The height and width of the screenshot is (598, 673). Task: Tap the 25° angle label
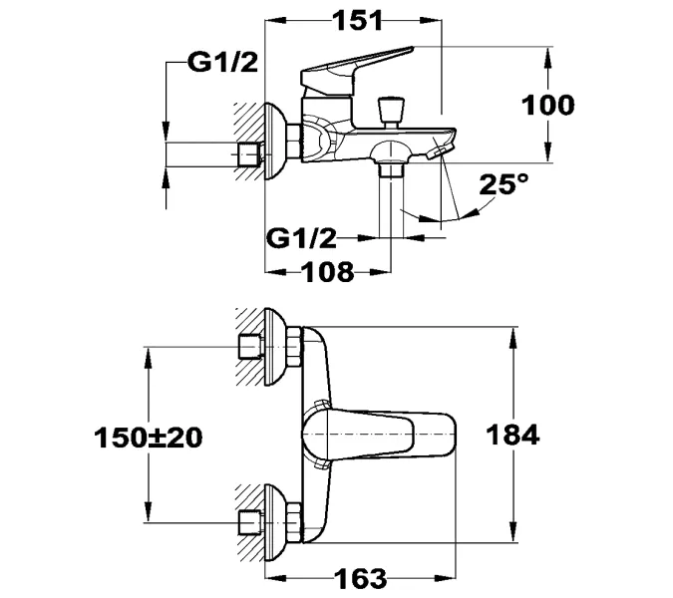[503, 184]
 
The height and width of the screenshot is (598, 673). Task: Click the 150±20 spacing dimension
[147, 436]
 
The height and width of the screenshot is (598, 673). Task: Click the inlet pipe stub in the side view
[248, 154]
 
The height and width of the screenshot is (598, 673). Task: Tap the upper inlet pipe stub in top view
[248, 348]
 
